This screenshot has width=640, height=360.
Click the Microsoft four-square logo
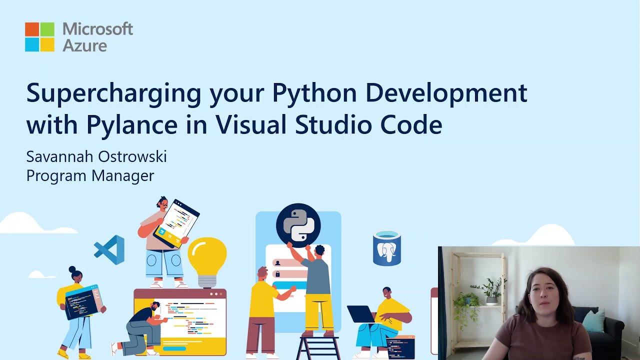39,36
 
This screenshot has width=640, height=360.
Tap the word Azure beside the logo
84,45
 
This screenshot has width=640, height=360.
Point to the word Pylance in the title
131,124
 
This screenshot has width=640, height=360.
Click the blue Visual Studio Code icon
109,250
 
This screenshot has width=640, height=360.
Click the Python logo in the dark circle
298,225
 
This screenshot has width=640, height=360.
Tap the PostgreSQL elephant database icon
386,248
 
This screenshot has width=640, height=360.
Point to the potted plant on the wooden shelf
490,290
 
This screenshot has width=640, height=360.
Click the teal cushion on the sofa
594,320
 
